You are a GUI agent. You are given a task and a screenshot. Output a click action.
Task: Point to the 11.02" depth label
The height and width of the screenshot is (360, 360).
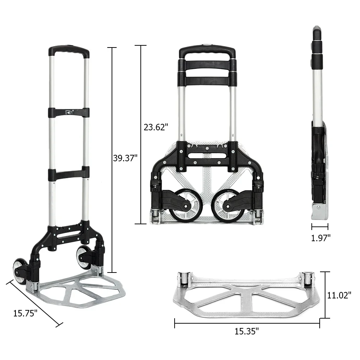[339, 295]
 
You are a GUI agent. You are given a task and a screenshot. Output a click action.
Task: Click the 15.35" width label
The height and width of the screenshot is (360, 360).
[247, 331]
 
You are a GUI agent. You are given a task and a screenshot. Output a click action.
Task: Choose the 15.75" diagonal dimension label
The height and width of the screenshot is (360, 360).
[26, 313]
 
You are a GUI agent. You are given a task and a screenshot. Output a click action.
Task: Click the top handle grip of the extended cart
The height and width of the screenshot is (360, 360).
[69, 50]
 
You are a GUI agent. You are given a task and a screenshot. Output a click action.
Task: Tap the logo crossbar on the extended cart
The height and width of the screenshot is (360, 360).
[69, 112]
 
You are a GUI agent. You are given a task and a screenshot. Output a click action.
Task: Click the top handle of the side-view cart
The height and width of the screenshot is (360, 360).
[317, 34]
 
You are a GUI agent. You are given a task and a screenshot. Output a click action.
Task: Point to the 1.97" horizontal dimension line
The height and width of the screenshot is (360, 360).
[320, 227]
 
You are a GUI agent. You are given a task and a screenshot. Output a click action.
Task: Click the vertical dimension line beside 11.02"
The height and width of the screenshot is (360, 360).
[325, 295]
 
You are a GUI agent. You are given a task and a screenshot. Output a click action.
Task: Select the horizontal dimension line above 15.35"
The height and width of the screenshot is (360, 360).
[247, 323]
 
